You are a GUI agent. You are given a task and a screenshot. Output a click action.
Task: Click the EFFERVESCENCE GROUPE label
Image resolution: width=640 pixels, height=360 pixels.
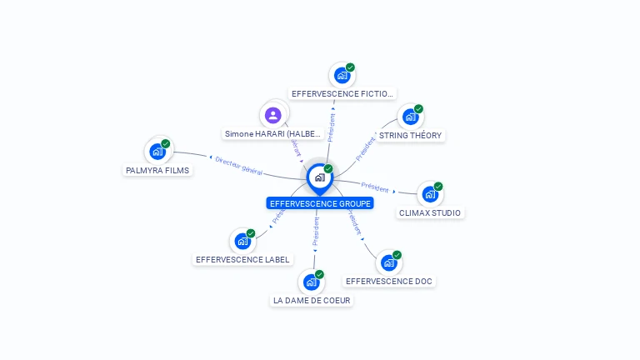click(x=320, y=203)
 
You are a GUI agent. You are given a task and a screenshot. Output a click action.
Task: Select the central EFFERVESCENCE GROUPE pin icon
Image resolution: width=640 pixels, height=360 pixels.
click(x=319, y=177)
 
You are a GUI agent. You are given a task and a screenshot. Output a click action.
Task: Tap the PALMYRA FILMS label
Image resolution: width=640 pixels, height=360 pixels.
click(x=157, y=170)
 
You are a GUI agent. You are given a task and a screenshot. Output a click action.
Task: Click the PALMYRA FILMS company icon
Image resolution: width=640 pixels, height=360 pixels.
click(x=157, y=151)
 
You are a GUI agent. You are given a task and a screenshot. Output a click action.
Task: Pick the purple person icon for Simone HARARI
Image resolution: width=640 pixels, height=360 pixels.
click(x=272, y=115)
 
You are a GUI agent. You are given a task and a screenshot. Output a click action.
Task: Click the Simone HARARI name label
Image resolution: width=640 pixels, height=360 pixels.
click(x=272, y=133)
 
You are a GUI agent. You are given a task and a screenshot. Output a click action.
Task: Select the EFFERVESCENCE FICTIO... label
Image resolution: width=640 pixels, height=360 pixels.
click(x=342, y=94)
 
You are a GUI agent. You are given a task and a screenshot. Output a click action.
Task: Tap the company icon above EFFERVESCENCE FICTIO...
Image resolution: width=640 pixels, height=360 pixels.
click(x=342, y=75)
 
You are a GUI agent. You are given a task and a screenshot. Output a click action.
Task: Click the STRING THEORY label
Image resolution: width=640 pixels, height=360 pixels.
click(x=410, y=135)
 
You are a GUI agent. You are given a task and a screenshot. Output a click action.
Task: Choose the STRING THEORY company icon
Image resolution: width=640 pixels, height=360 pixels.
click(x=410, y=117)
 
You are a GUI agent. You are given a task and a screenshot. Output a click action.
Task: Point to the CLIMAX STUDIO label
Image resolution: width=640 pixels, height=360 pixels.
click(x=430, y=212)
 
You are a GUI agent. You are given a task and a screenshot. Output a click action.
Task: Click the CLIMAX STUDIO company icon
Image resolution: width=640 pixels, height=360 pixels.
click(x=430, y=194)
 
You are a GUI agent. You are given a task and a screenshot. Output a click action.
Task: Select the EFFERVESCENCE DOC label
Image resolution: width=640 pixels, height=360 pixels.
click(x=388, y=282)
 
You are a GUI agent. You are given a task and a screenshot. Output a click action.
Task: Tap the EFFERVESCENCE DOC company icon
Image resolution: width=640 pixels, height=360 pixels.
click(x=388, y=262)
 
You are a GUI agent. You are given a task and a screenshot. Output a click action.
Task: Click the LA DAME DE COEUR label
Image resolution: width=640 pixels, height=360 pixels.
click(x=312, y=300)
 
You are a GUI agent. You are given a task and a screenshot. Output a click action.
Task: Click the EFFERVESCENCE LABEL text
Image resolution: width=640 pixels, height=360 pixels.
click(x=242, y=259)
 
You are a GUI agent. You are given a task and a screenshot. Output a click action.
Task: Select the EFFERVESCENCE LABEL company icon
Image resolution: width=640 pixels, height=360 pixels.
click(x=242, y=241)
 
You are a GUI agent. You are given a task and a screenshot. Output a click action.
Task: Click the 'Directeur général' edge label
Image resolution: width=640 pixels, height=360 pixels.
click(x=238, y=166)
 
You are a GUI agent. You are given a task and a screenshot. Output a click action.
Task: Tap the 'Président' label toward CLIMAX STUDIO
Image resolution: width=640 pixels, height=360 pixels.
click(x=375, y=187)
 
